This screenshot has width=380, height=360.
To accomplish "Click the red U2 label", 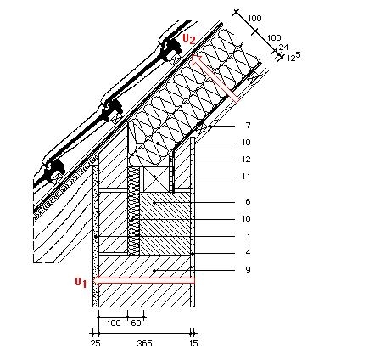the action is (189, 39).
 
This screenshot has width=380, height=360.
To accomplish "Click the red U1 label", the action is (81, 283).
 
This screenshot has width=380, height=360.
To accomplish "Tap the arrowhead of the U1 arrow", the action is (98, 280).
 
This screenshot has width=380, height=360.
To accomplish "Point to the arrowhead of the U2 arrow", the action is (197, 60).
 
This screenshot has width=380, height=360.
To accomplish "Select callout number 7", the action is (249, 125).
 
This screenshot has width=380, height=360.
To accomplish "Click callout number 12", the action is (246, 160).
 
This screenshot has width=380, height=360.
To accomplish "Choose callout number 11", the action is (246, 177).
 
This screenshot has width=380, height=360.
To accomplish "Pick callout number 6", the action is (248, 202).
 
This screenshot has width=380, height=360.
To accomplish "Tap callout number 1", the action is (249, 236).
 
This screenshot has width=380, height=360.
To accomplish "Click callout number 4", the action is (248, 252).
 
